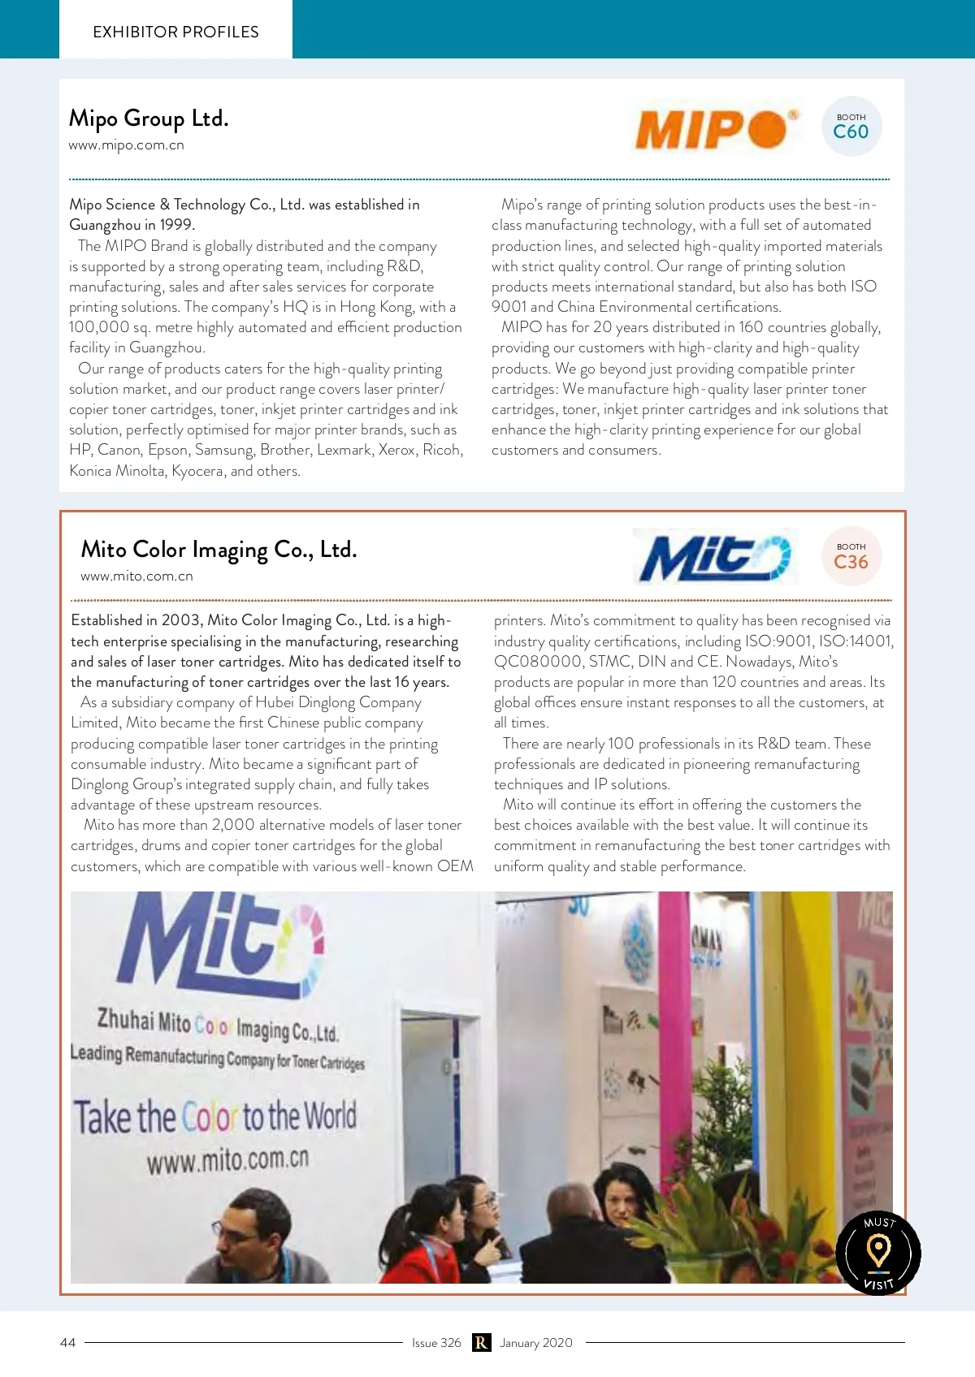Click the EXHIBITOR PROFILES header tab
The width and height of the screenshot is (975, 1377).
[x=175, y=32]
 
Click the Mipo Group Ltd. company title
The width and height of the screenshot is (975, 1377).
[x=149, y=119]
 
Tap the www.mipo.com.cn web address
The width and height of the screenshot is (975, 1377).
[x=126, y=145]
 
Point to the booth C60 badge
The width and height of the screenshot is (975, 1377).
[x=851, y=127]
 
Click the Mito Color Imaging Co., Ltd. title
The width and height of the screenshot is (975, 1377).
[x=219, y=550]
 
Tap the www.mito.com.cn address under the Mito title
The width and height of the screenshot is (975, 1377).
[x=136, y=576]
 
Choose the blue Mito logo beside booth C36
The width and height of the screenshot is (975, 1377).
[x=714, y=557]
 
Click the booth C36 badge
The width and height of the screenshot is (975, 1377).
[x=851, y=557]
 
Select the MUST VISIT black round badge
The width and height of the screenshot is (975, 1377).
[x=878, y=1253]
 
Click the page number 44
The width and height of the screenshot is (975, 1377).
[x=68, y=1343]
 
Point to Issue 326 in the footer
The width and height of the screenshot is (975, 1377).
[x=436, y=1343]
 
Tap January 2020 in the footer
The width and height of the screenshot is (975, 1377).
[x=536, y=1343]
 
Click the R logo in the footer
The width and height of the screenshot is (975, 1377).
[x=481, y=1343]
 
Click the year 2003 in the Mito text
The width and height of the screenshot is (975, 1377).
[x=180, y=620]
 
